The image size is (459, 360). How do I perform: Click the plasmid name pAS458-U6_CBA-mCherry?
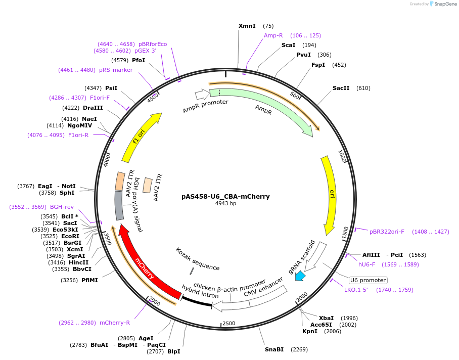(225, 197)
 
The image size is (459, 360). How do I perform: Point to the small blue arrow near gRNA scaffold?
(300, 276)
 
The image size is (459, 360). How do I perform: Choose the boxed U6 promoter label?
(368, 280)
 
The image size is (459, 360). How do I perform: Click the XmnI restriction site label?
(247, 26)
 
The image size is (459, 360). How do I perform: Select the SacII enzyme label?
(341, 88)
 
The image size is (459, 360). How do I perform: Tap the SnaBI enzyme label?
(274, 349)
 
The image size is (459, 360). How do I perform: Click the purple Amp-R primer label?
(273, 35)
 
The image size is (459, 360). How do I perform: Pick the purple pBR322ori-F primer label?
(387, 232)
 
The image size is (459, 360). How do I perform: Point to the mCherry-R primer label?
(115, 323)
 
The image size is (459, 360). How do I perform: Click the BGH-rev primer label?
(62, 207)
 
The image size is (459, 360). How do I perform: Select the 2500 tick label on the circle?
(229, 323)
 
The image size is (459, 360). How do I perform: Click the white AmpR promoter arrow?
(202, 94)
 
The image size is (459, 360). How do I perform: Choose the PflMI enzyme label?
(90, 280)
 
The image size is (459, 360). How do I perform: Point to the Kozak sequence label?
(198, 259)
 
